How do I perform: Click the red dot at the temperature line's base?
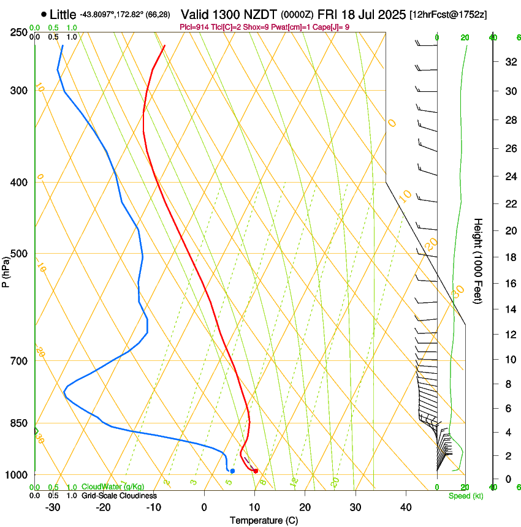[x=256, y=471]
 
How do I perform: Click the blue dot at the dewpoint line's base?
[x=232, y=471]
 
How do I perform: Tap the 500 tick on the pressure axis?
[x=20, y=254]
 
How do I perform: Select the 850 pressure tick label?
[x=20, y=423]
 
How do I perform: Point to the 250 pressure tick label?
[x=20, y=32]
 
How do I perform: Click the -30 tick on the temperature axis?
[x=53, y=507]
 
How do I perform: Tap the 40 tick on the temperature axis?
[x=405, y=507]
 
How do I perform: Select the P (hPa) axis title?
[x=6, y=269]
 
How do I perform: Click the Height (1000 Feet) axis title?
[x=478, y=260]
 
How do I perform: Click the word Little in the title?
[x=63, y=14]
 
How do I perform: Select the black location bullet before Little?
[x=44, y=14]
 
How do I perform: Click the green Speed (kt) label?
[x=465, y=496]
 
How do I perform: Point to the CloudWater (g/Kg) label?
[x=113, y=487]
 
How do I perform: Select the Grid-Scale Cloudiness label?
[x=119, y=495]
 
